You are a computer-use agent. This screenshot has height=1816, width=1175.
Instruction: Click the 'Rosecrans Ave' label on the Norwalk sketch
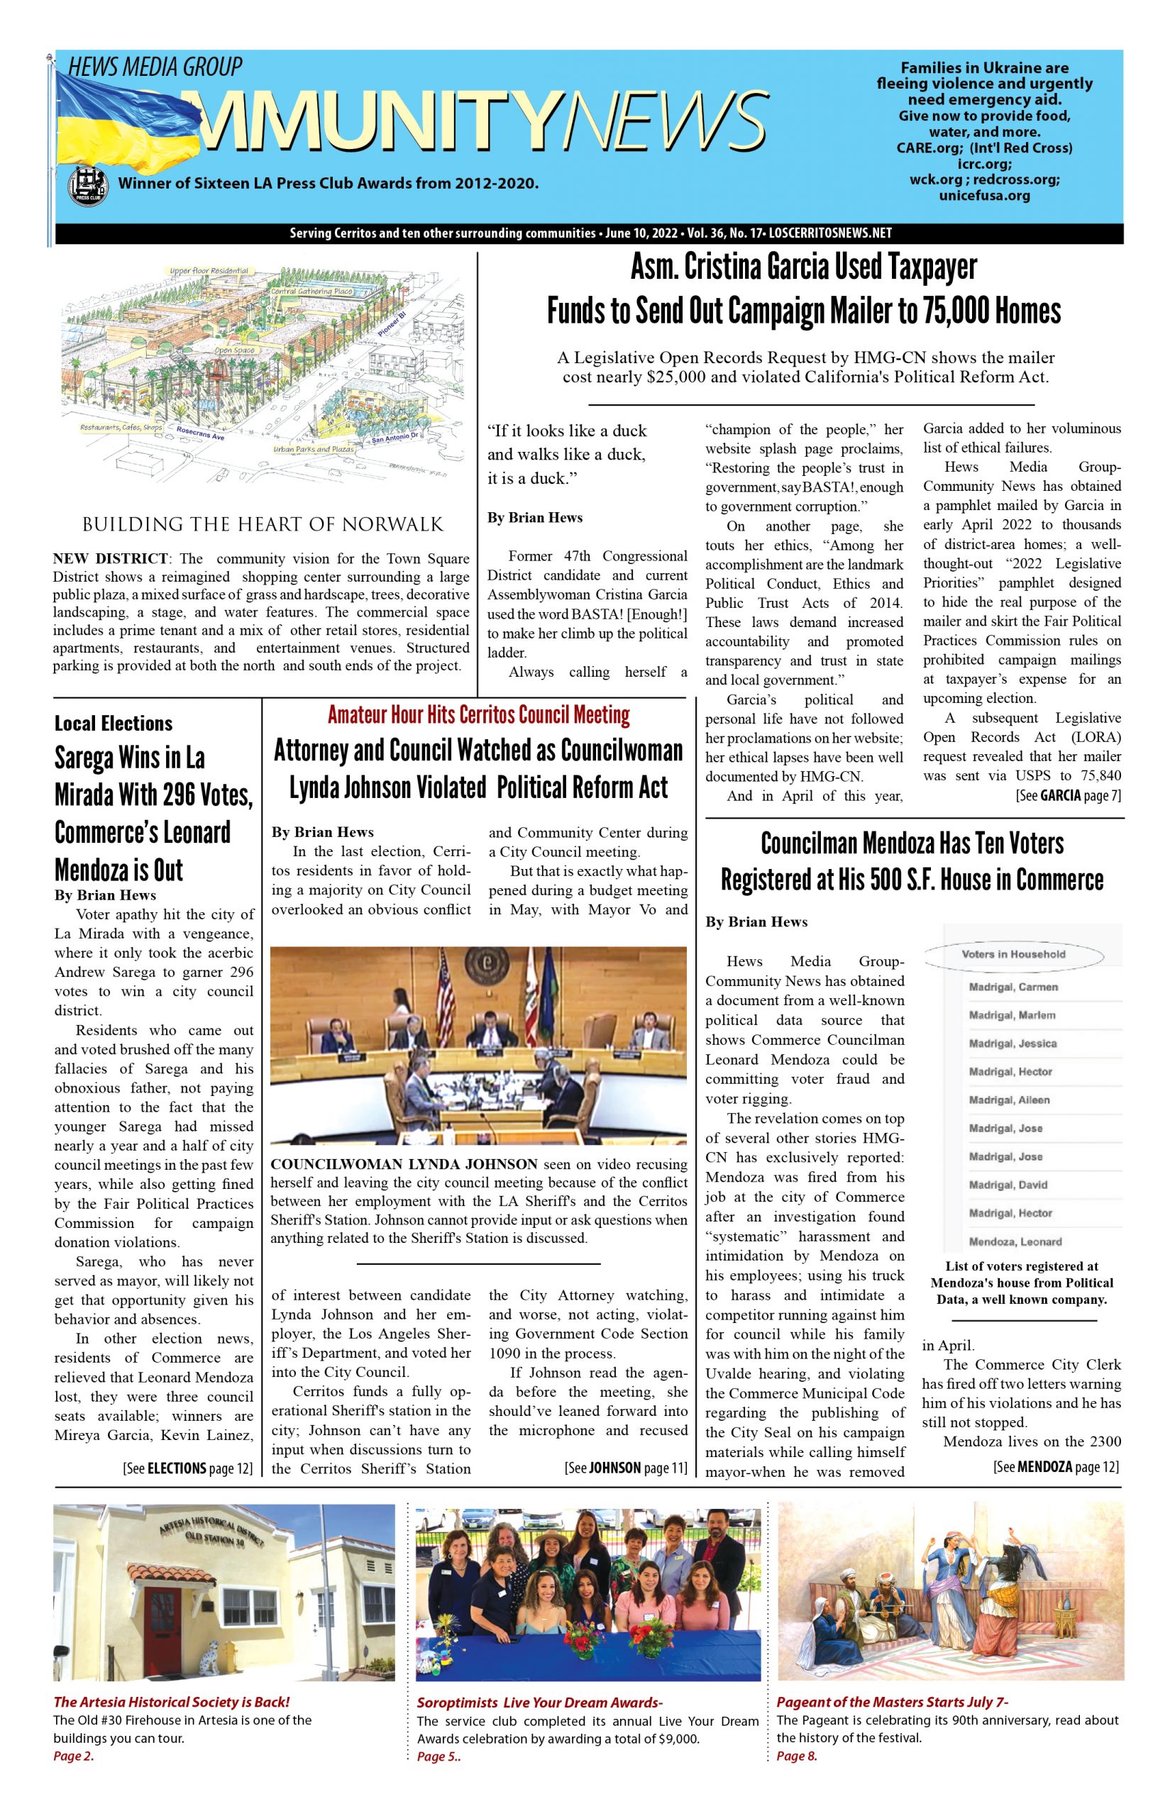tap(201, 433)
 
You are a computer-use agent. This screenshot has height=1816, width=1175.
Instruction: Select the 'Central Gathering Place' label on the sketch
tap(311, 292)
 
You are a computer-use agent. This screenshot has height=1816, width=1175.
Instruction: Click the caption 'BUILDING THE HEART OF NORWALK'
tap(263, 525)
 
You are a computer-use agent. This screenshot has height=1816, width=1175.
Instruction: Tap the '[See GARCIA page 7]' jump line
tap(1067, 795)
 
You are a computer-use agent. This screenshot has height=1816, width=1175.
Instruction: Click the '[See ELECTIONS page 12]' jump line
tap(188, 1468)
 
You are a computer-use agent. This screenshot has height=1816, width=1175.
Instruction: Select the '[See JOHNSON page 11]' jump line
tap(626, 1468)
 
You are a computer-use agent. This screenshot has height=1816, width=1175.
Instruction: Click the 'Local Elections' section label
tap(114, 723)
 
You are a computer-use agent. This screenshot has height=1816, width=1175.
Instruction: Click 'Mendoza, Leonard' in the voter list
tap(1015, 1241)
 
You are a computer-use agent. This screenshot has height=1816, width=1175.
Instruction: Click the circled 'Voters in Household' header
tap(1013, 954)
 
